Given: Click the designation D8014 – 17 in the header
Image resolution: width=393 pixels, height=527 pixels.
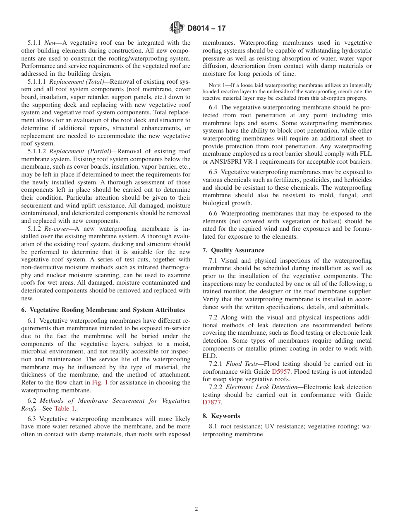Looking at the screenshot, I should click(x=206, y=29).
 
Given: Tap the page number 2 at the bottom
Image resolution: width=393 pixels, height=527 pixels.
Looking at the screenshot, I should click(x=196, y=509).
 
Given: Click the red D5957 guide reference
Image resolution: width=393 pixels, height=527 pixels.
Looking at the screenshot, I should click(x=281, y=372).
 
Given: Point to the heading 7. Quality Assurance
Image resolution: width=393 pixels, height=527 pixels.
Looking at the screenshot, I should click(x=233, y=250).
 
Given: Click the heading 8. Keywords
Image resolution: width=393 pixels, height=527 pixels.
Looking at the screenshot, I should click(x=221, y=416).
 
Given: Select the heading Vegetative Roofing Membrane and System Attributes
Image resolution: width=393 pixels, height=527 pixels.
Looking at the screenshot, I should click(x=107, y=310).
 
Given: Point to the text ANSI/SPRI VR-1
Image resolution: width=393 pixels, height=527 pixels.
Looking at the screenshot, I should click(x=232, y=162).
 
